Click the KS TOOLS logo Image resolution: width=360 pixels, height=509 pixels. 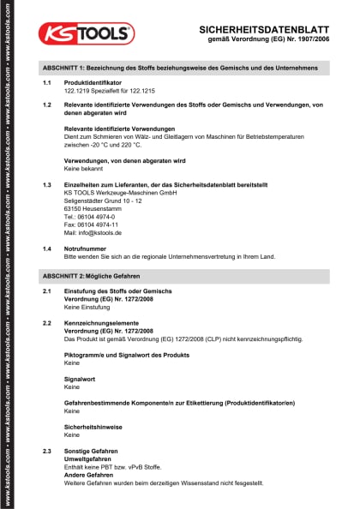(x=86, y=33)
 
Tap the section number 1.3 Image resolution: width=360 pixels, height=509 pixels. (x=47, y=185)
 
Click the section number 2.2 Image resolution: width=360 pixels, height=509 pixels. (x=47, y=323)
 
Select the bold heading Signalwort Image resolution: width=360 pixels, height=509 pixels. (x=80, y=379)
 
